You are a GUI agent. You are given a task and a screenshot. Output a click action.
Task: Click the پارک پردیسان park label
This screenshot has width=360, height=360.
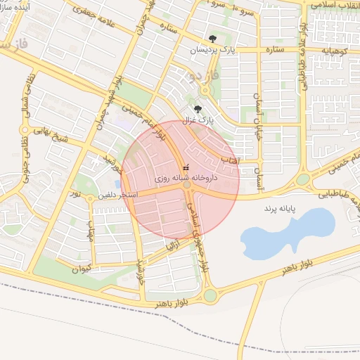[x=215, y=51]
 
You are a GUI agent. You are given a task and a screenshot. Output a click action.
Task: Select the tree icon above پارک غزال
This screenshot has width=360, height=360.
[x=198, y=109]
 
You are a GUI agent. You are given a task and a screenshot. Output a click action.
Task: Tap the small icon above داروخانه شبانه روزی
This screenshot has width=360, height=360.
[x=186, y=168]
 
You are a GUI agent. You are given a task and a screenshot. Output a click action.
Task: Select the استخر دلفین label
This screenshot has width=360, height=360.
[x=122, y=193]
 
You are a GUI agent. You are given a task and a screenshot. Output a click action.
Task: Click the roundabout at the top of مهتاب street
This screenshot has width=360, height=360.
[x=90, y=199]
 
